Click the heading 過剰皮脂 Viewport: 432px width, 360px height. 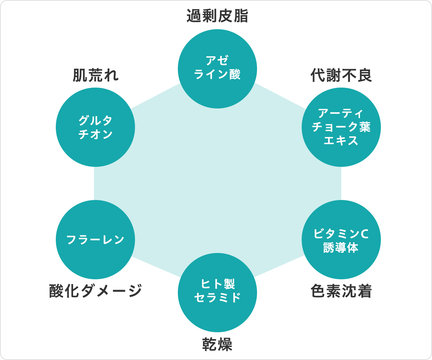coord(217,16)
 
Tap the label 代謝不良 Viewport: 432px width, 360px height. coord(341,75)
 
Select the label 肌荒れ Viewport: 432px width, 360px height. coord(96,75)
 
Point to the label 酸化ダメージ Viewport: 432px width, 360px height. coord(96,291)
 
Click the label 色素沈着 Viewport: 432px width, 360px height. coord(341,291)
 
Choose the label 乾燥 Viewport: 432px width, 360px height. coord(217,344)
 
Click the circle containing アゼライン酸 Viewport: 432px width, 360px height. coord(217,69)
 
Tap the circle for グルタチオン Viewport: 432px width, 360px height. coord(95,127)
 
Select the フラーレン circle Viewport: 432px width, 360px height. coord(95,240)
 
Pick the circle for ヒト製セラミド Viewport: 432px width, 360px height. coord(217,293)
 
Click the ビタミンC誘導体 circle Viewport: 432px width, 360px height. coord(341,240)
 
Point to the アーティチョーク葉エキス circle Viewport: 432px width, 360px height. coord(341,127)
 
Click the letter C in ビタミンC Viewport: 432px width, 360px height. coord(364,234)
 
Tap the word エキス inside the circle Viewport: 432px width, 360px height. coord(341,141)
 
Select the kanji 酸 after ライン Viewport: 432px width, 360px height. coord(235,74)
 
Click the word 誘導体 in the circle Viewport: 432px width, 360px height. coord(341,247)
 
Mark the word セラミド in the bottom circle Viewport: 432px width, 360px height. coord(217,297)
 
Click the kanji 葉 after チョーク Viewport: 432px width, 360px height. coord(365,127)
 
